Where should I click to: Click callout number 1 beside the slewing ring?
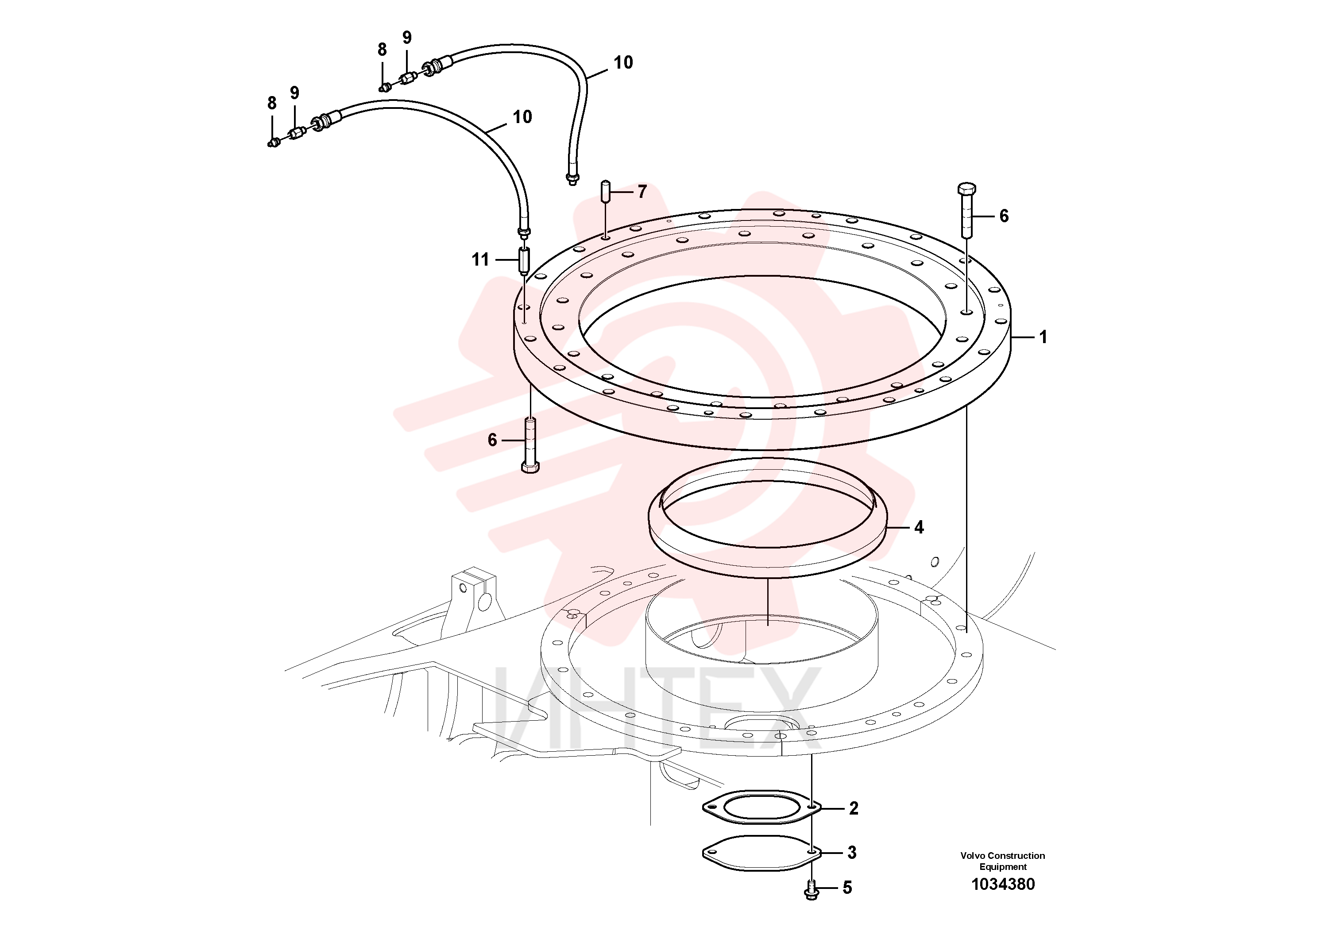[x=1043, y=337]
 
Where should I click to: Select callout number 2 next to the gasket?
[x=854, y=808]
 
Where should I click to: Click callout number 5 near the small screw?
[x=847, y=888]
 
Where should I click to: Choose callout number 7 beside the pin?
[x=642, y=192]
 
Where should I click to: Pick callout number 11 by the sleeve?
[x=480, y=260]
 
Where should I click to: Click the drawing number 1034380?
[x=1003, y=884]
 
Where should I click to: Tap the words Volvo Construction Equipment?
[x=1003, y=861]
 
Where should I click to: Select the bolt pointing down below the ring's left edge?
[x=530, y=445]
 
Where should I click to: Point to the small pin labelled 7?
[x=605, y=191]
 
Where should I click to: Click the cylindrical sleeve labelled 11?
[x=524, y=261]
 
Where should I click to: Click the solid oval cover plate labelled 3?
[x=762, y=854]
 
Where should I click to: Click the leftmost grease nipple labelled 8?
[x=274, y=142]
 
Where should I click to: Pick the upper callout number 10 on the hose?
[x=623, y=62]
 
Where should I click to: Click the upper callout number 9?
[x=407, y=37]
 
